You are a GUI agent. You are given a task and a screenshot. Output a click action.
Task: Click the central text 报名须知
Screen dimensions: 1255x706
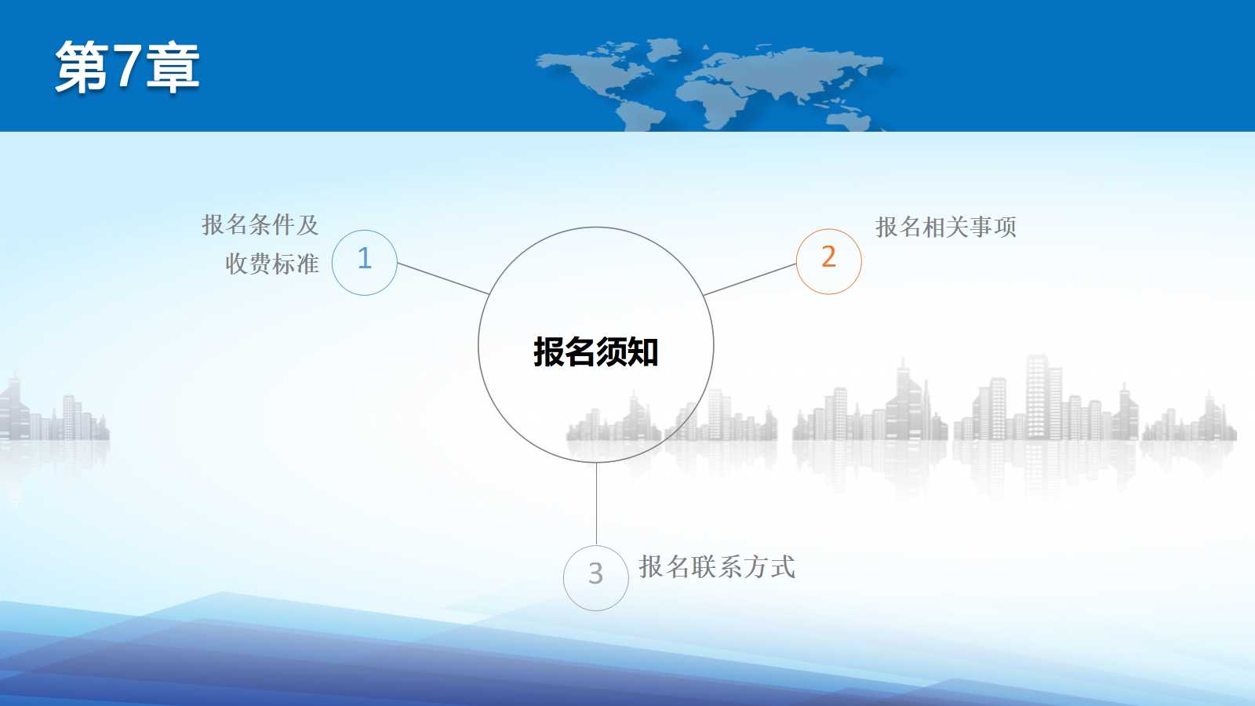click(x=595, y=352)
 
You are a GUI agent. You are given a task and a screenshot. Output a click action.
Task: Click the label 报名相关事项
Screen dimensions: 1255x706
click(x=946, y=227)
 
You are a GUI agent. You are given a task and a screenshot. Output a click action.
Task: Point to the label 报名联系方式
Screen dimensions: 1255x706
click(x=717, y=566)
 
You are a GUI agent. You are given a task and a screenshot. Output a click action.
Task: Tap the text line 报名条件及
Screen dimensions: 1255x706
click(x=260, y=224)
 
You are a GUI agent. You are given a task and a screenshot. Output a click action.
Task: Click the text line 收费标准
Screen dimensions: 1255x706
click(x=272, y=264)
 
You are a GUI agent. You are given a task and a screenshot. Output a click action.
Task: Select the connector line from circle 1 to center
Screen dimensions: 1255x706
click(x=443, y=278)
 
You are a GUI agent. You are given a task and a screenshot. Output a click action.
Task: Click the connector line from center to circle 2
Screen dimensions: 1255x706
click(x=750, y=279)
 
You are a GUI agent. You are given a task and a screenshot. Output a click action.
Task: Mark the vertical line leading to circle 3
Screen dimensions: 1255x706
click(x=596, y=504)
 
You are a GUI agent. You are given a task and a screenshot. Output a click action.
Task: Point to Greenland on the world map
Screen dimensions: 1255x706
click(x=664, y=48)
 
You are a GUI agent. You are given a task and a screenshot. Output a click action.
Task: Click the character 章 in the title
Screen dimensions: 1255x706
click(x=173, y=67)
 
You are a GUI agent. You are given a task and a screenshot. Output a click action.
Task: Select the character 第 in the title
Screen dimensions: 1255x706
click(x=82, y=67)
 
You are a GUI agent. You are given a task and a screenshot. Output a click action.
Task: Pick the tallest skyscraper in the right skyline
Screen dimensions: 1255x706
click(x=1037, y=397)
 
